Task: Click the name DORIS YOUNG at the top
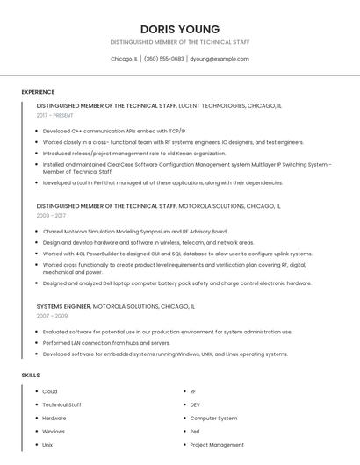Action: coord(179,29)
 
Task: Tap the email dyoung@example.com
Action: coord(219,59)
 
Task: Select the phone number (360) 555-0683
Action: coord(163,59)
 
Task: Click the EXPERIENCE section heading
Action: coord(38,92)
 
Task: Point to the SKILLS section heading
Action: coord(31,375)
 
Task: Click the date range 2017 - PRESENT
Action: coord(54,115)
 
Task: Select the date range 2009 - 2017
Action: coord(51,215)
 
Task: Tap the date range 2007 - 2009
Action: coord(52,315)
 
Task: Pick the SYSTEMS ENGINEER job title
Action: coord(63,305)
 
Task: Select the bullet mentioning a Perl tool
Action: coord(162,182)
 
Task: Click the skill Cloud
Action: coord(50,391)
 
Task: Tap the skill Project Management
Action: coord(217,445)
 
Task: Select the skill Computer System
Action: coord(213,418)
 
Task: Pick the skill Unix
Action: coord(47,445)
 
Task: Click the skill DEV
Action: coord(195,404)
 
